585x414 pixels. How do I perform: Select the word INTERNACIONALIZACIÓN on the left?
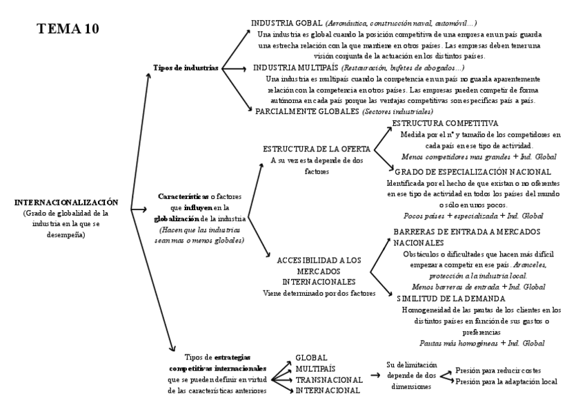coord(66,203)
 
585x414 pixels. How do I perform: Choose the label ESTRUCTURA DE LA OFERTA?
coord(317,149)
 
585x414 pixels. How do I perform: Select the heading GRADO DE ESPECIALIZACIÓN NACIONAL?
coord(473,171)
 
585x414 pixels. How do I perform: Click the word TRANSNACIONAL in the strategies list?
coord(328,379)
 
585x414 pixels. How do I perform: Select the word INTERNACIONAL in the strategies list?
coord(327,391)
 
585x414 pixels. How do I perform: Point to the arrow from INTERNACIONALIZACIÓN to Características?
coord(137,208)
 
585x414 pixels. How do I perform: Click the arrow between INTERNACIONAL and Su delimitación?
coord(375,374)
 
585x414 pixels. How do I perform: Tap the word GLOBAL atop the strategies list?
coord(311,358)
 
